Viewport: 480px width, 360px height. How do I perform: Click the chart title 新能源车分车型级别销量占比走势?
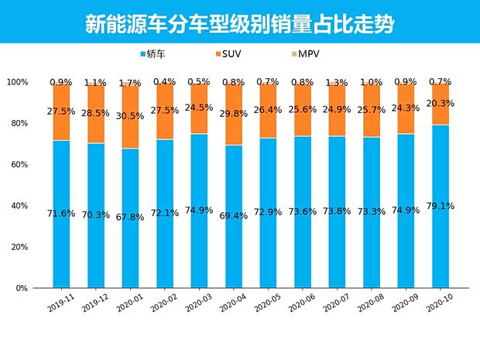239,22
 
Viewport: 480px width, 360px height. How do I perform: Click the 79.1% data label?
440,206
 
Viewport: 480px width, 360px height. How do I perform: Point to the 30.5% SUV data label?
130,115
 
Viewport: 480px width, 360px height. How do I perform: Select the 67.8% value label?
130,217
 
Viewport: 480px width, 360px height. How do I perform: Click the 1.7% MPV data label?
130,83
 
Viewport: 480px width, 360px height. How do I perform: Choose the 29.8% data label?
233,114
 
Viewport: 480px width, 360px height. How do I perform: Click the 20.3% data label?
440,103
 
